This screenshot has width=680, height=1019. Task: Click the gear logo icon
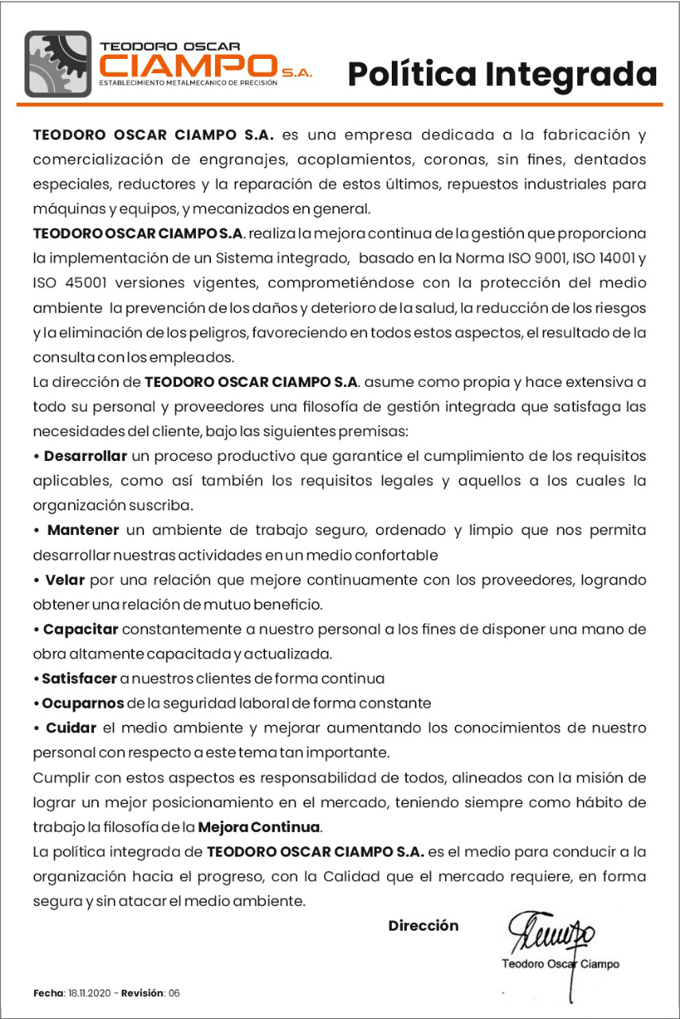[58, 64]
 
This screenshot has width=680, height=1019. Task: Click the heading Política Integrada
[502, 74]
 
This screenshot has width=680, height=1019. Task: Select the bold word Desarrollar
[86, 457]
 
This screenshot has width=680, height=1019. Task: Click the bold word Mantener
[84, 530]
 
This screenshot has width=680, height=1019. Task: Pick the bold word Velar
[64, 580]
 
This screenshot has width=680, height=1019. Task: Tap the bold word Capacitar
[80, 630]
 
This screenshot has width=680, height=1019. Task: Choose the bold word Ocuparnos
[83, 704]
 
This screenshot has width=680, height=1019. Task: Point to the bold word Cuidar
[71, 728]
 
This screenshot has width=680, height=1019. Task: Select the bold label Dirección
[424, 926]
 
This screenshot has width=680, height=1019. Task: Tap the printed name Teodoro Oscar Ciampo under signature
[561, 964]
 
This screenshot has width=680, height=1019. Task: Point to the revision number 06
[174, 994]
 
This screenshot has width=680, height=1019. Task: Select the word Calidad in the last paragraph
[376, 877]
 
